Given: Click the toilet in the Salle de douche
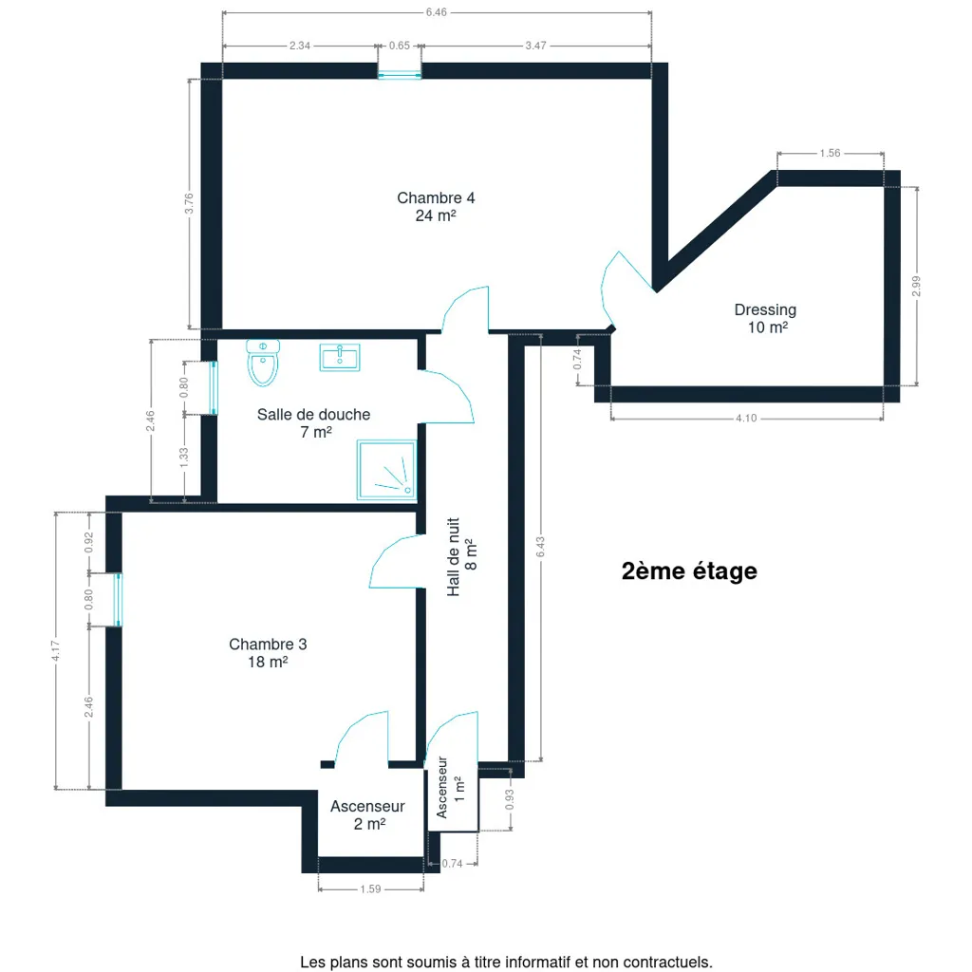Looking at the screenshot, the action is click(263, 363).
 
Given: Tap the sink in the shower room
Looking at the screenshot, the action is click(340, 358).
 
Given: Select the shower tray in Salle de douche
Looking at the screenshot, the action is click(387, 470).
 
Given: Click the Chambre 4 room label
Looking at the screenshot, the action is click(436, 206).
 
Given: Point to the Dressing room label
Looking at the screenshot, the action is click(766, 318).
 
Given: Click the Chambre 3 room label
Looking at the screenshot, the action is click(268, 653).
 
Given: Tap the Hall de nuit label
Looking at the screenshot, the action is click(462, 556).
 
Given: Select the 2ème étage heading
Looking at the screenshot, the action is click(689, 570).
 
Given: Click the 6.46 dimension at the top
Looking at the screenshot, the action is click(437, 12).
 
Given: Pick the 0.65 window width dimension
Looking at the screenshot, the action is click(400, 46).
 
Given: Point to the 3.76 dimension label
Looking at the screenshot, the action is click(189, 203).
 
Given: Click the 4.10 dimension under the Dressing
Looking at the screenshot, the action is click(746, 419).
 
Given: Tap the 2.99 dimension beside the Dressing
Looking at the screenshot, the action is click(916, 287).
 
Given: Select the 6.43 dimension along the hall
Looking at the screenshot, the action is click(540, 547).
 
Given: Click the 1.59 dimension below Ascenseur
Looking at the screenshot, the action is click(371, 888).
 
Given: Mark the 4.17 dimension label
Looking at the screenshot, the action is click(56, 650).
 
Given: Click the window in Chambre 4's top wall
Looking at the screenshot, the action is click(400, 71).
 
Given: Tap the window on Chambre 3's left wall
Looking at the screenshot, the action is click(117, 600).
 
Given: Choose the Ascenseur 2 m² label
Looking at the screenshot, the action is click(367, 814).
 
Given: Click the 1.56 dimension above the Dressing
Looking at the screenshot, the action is click(830, 153).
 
